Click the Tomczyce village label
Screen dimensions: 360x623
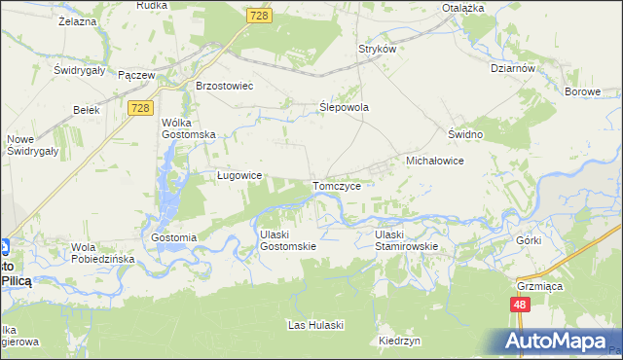pos(338,186)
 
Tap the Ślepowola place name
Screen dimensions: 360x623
pos(345,108)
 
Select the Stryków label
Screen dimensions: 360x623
pos(377,49)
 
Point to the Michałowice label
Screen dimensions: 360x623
pos(433,160)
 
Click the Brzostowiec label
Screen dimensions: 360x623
pos(224,86)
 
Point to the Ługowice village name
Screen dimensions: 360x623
pos(239,176)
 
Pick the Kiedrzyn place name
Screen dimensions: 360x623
pos(400,342)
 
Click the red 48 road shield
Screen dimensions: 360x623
pos(520,305)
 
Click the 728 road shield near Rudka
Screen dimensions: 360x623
pos(257,17)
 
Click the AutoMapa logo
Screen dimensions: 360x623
pos(556,342)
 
